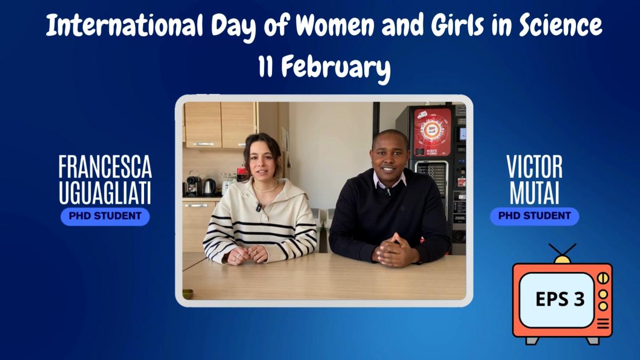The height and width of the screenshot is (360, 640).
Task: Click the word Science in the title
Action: click(x=561, y=25)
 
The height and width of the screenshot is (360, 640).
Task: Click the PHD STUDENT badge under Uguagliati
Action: click(x=105, y=217)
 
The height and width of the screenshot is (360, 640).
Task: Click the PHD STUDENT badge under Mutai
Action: click(x=534, y=216)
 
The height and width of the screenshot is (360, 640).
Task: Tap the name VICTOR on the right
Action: click(x=534, y=167)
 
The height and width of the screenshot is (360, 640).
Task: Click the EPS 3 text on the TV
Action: click(x=560, y=299)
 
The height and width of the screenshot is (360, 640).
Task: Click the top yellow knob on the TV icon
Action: click(x=603, y=278)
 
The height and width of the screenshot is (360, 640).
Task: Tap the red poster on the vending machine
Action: click(x=433, y=132)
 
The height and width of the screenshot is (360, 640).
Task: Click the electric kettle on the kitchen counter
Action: click(x=210, y=187)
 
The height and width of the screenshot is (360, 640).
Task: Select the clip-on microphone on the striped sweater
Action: click(x=259, y=207)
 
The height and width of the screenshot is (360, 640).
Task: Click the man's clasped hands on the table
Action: click(x=396, y=250)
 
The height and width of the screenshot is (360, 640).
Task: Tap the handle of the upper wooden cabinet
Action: click(x=203, y=144)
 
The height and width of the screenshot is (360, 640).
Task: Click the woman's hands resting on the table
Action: click(x=247, y=255)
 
